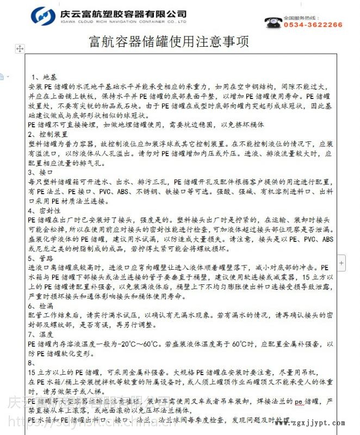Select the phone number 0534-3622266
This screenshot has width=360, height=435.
[x=313, y=25]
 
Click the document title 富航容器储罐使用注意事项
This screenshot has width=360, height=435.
[x=168, y=41]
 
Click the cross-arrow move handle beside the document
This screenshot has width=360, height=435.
[x=21, y=49]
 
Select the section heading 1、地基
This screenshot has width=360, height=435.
[x=43, y=77]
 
